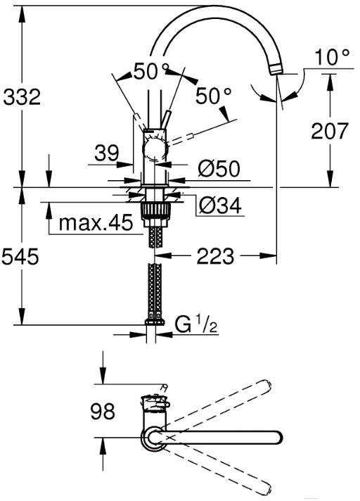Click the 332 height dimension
[x=22, y=97]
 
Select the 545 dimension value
[x=20, y=256]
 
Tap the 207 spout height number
[x=329, y=131]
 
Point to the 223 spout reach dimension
[x=215, y=256]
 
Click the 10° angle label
[x=333, y=57]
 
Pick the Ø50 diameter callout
[x=219, y=168]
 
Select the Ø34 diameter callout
[x=220, y=205]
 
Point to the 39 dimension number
[x=107, y=153]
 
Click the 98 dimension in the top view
[x=103, y=411]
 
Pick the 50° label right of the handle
[x=213, y=96]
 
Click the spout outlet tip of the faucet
[x=276, y=69]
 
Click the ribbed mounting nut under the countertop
[x=155, y=210]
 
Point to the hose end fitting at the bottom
[x=155, y=322]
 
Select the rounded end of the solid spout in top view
[x=277, y=438]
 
